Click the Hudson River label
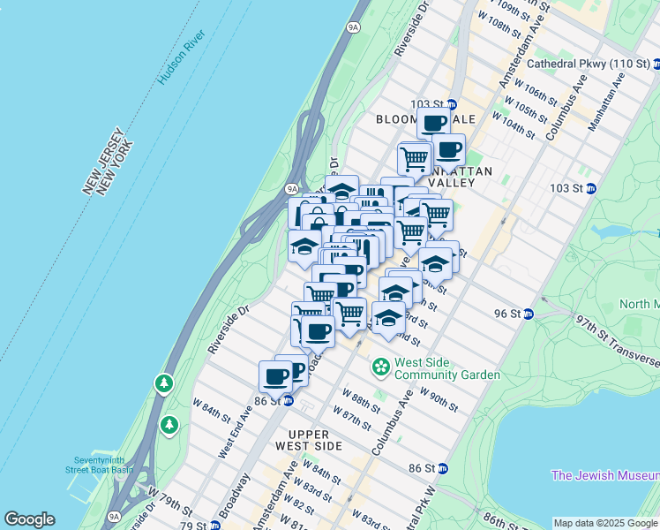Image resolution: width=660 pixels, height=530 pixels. coord(182,57)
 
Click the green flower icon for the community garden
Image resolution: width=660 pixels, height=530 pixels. coord(381,365)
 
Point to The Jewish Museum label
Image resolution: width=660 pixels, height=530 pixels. coord(605,475)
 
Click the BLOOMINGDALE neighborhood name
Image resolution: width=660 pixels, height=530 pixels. coord(425,119)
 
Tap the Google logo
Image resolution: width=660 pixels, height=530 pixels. coord(29,519)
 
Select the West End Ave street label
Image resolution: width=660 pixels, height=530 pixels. coord(235,431)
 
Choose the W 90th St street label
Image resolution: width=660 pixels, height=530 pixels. coord(439,399)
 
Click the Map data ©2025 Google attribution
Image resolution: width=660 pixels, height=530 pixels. coord(605,523)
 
